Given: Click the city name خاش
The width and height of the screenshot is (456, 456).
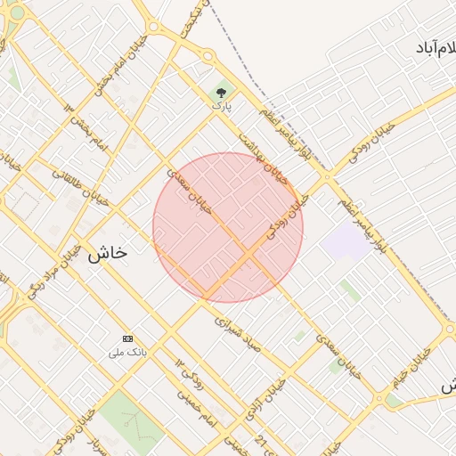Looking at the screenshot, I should (107, 252).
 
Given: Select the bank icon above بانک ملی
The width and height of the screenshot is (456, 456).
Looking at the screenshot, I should (127, 339).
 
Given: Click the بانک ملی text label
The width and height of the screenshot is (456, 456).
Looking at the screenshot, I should (127, 353).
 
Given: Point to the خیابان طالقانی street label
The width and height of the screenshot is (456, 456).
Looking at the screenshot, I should (80, 188).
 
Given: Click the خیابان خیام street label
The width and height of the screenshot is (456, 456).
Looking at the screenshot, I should (409, 366).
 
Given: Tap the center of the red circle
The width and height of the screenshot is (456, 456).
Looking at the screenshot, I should (228, 227).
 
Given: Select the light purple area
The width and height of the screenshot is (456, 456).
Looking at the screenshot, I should (345, 241).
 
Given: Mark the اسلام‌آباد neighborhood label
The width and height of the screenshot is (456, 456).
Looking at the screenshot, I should (433, 46).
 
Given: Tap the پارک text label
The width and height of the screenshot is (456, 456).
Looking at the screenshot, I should (221, 105).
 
